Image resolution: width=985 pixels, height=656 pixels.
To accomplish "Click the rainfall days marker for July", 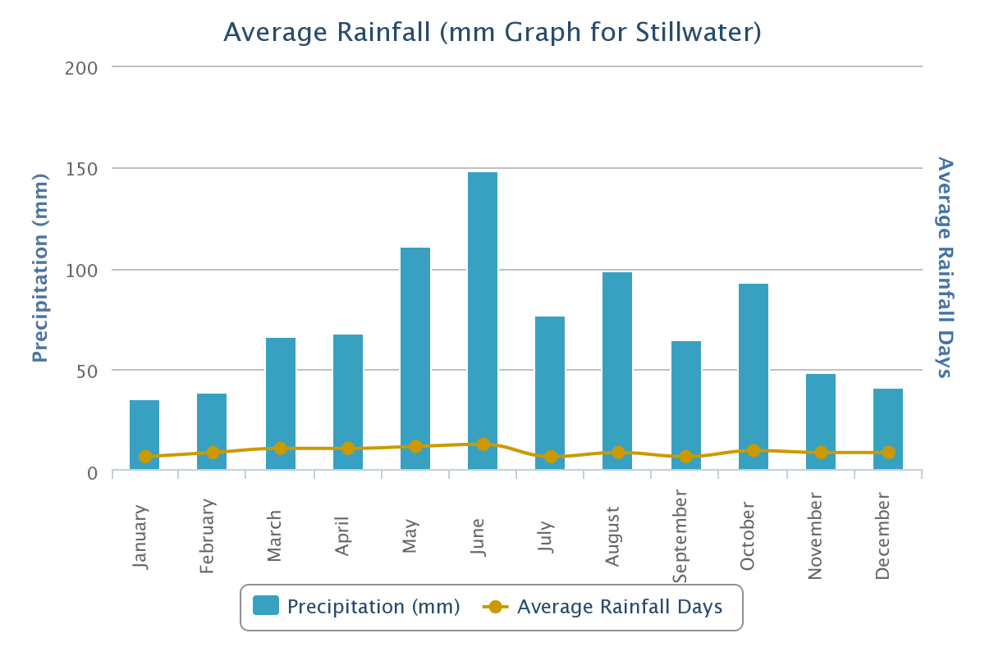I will point(551,457).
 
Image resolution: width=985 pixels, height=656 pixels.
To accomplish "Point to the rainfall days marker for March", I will point(281,449).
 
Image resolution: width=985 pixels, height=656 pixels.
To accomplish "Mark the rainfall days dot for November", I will point(821,453).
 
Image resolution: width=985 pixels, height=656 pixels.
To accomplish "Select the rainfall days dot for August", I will point(618,453).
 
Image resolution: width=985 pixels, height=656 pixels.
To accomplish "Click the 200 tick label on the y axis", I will point(81,67).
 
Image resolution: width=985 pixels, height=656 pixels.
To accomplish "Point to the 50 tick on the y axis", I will point(87,371).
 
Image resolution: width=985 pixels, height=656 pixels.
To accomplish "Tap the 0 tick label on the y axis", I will point(93,473).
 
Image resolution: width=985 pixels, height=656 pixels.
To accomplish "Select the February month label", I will point(207,535).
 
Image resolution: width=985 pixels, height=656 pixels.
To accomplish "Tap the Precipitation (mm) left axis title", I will point(40,268).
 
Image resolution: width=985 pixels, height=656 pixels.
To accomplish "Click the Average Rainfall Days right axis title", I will point(945,266).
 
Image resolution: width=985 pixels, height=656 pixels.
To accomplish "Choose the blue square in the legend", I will point(266,606).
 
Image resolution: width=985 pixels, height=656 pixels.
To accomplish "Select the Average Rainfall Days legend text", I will point(620,607).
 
